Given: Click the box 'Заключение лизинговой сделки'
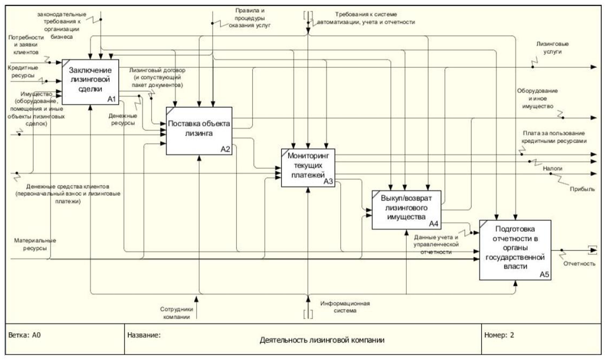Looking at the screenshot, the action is click(x=91, y=82).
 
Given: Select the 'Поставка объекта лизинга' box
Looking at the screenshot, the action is click(x=199, y=131).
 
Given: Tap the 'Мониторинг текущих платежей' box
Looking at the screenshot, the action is click(x=308, y=168).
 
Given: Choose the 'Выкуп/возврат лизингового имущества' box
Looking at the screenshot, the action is click(x=407, y=210).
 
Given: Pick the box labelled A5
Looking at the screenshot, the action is click(x=515, y=250).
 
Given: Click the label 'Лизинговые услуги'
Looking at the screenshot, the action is click(x=552, y=48).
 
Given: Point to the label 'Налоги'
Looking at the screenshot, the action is click(x=552, y=169).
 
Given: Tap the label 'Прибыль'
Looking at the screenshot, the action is click(x=582, y=189).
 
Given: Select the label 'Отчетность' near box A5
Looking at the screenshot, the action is click(x=579, y=263).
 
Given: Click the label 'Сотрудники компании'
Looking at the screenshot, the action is click(x=176, y=313).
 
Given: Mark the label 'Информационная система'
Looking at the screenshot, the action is click(x=345, y=307).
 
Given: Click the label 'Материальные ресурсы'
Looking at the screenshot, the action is click(x=35, y=244).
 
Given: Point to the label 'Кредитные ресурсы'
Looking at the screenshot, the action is click(x=23, y=71).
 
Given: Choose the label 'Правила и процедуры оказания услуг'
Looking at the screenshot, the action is click(x=250, y=18).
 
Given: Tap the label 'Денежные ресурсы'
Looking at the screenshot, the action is click(x=123, y=119).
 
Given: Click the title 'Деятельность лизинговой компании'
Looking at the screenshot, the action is click(x=322, y=340).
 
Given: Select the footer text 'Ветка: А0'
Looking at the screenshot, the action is click(x=24, y=335).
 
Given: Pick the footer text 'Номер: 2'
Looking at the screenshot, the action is click(x=499, y=335).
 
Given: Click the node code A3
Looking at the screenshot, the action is click(x=328, y=181).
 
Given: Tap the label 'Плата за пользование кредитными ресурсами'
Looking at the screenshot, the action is click(x=554, y=137).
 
